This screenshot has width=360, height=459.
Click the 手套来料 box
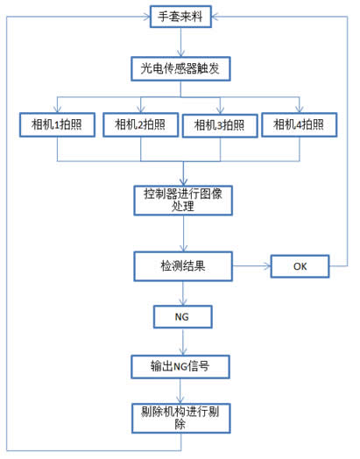180,17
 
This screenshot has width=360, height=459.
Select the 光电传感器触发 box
180,69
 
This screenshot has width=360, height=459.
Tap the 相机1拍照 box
57,124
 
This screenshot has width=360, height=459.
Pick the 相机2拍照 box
141,124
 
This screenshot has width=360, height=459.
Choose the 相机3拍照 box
220,125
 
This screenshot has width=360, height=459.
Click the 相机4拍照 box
299,124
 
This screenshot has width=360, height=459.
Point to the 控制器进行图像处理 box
183,201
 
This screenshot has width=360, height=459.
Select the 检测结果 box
183,266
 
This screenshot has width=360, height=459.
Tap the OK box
300,266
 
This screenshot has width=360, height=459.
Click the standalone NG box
183,317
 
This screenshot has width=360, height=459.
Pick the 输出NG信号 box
180,367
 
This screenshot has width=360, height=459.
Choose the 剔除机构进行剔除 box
181,419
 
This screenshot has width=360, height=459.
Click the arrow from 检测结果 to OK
251,266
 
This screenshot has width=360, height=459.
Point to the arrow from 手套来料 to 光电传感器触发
181,42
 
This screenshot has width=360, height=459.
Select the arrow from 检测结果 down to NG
183,293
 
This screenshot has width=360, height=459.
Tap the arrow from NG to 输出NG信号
183,342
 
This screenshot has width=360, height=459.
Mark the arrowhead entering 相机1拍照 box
57,109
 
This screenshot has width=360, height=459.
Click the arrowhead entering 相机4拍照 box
299,109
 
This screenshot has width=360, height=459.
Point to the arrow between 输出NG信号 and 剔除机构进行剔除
180,391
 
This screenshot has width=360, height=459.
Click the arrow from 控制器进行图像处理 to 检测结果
184,234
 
